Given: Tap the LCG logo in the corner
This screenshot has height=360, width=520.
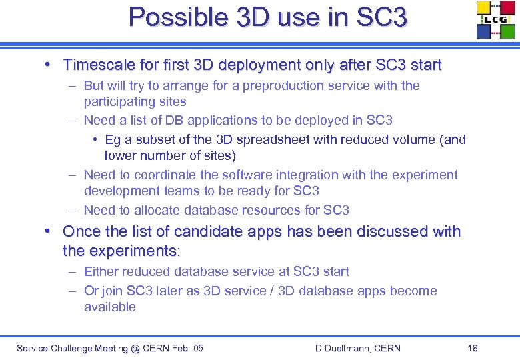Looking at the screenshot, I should coord(495,20).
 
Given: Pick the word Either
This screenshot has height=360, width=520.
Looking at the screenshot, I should coord(101,272).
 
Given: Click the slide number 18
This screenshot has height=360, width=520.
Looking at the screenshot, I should coord(473,349).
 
